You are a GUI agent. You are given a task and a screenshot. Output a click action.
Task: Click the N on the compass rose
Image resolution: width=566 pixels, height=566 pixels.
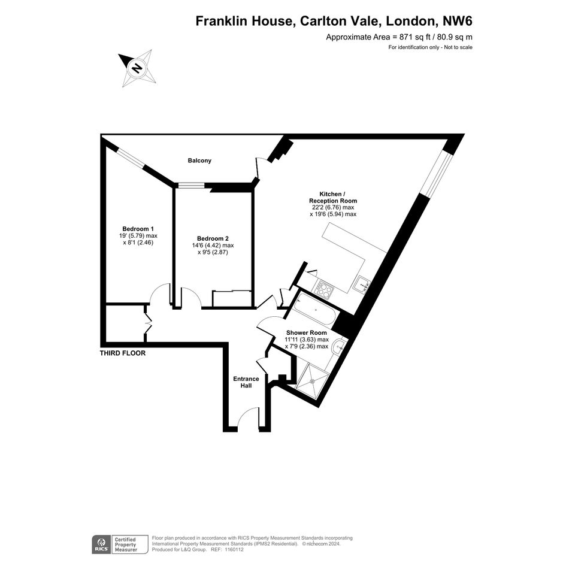[137, 68]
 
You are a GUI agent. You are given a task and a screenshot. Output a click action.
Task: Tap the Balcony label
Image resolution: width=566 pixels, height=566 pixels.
[199, 161]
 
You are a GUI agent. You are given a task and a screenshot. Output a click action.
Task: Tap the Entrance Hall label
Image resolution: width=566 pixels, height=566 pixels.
[246, 382]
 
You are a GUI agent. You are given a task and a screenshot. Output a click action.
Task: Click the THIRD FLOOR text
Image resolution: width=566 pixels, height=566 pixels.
[123, 353]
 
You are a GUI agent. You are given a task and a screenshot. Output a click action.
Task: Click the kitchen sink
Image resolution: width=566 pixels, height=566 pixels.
[362, 284]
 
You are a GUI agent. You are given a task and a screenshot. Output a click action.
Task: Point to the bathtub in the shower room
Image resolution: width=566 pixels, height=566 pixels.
[314, 310]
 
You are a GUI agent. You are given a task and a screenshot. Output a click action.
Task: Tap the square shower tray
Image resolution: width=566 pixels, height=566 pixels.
[313, 378]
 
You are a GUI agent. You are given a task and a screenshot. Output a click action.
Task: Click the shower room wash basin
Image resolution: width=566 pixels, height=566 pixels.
[338, 347]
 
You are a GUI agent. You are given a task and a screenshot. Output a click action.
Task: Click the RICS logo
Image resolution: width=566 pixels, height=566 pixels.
[101, 544]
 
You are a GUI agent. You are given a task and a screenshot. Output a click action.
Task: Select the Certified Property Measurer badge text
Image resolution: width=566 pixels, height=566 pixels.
[126, 544]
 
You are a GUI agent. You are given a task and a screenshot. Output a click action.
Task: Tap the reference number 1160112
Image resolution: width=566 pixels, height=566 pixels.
[234, 550]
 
